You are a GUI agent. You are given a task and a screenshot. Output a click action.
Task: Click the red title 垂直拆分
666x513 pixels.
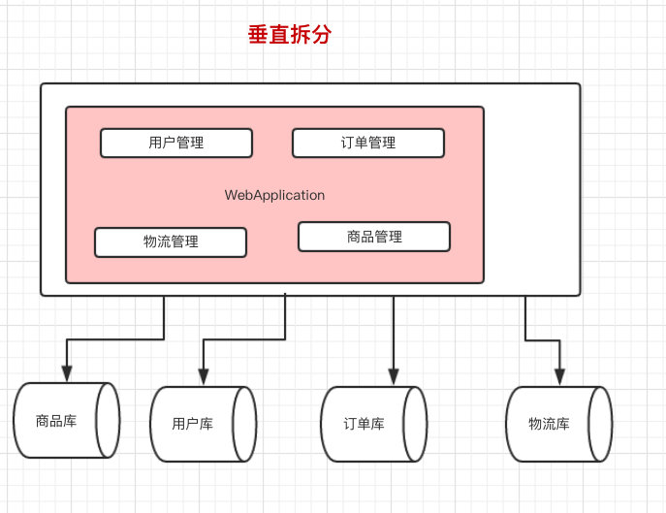point(290,36)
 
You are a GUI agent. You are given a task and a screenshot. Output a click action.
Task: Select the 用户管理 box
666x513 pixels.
point(176,143)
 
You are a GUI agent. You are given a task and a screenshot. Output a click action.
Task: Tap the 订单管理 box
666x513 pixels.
point(368,143)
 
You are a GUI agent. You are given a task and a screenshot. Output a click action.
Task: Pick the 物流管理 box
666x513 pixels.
point(171,241)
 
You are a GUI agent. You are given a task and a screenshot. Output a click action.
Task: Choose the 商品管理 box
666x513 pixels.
point(374,237)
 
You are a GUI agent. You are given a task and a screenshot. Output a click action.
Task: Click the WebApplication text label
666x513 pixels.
point(274,195)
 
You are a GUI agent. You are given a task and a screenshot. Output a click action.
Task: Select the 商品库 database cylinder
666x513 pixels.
point(66,421)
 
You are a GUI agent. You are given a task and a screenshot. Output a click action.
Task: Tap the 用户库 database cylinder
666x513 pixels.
point(203,425)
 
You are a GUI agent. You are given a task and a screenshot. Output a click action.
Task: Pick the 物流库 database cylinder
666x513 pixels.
point(558,424)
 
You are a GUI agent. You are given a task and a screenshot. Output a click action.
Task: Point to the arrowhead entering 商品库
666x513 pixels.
point(66,373)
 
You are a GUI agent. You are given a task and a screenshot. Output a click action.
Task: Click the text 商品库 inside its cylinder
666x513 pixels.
point(55,421)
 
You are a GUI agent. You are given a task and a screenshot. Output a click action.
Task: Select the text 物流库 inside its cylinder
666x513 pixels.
point(549,424)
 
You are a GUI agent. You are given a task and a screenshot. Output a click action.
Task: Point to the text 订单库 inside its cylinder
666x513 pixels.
point(365,425)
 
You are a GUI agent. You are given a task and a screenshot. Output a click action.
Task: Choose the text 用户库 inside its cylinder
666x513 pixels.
point(192,425)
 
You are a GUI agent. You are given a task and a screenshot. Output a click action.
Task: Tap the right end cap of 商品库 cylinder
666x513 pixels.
point(108,421)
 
